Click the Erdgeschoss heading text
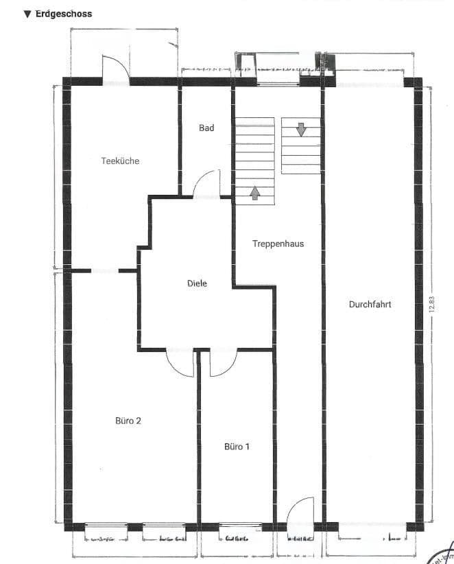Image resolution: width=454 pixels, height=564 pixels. (63, 14)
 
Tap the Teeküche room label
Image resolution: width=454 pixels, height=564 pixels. (120, 161)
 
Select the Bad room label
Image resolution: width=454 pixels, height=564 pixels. (206, 128)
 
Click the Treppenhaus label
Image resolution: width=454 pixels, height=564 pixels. (278, 244)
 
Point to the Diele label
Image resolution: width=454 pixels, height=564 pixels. (197, 283)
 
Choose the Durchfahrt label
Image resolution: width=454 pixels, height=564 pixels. (370, 304)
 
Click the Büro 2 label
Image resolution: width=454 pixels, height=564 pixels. (128, 421)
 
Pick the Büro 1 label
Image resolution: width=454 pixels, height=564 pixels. (237, 447)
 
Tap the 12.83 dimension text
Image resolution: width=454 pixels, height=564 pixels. (431, 304)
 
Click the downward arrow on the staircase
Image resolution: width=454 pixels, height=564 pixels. (301, 128)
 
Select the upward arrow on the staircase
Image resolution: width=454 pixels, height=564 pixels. (255, 193)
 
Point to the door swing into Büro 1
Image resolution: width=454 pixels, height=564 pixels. (222, 362)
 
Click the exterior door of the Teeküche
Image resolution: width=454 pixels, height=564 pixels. (115, 69)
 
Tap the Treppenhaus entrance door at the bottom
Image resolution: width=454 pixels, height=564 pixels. (300, 513)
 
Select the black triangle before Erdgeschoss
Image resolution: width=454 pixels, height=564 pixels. (27, 14)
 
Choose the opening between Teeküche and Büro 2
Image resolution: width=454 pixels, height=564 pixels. (104, 271)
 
